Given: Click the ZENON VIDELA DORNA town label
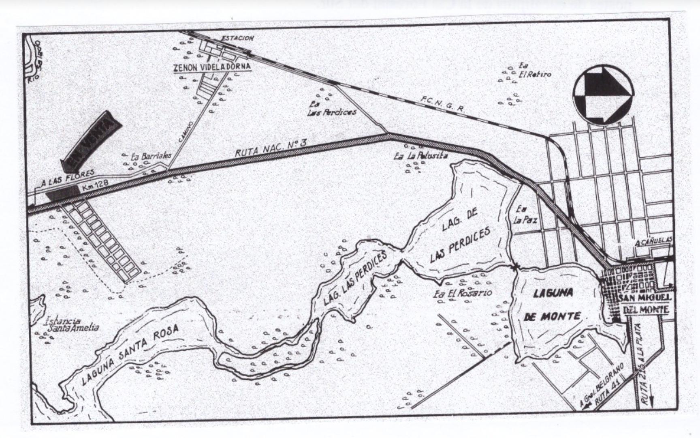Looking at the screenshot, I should (x=212, y=67).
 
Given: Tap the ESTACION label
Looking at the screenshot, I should (x=237, y=38).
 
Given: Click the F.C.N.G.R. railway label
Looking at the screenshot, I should (x=442, y=103).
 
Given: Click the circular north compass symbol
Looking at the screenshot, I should (x=603, y=94).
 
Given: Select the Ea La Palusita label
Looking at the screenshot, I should (x=421, y=155).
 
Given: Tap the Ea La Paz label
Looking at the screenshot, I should (x=525, y=215).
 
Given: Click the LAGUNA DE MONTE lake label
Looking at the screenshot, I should (x=553, y=304).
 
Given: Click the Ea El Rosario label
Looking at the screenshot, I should (x=462, y=293).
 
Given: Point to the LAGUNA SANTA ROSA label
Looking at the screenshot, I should (x=130, y=354).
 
